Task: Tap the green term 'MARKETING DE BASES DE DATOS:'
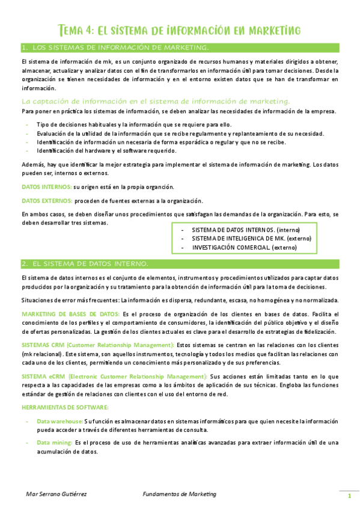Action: pos(70,314)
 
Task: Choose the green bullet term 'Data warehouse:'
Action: pos(59,422)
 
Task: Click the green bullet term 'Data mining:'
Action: pos(53,443)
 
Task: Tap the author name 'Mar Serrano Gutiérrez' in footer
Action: pos(56,494)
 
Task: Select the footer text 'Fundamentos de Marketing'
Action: pos(180,494)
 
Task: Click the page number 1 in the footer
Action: pos(349,496)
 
